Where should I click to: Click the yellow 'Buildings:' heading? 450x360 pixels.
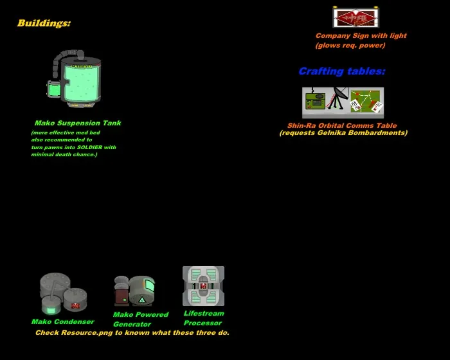point(44,24)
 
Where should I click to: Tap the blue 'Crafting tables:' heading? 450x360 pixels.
point(341,71)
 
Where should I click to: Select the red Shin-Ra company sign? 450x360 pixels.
point(355,17)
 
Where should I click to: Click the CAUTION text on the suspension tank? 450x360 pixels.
point(82,66)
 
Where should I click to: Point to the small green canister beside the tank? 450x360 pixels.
point(53,89)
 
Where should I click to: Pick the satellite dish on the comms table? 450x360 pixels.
point(340,97)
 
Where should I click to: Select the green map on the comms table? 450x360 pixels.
point(366,100)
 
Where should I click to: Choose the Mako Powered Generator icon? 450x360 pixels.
point(134,291)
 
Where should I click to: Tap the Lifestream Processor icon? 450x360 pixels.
point(203,286)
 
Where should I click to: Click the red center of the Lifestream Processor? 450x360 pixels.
point(203,285)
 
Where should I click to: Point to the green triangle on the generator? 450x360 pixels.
point(142,300)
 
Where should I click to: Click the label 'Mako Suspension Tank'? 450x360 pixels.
point(78,123)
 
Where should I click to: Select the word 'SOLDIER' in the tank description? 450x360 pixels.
point(90,147)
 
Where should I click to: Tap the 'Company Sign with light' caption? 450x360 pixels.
point(361,36)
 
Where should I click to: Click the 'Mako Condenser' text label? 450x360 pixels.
point(62,321)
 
